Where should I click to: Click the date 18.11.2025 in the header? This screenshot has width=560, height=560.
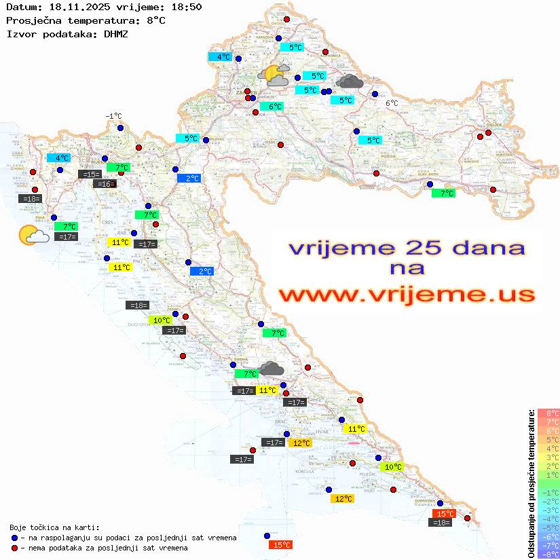pyautogui.click(x=75, y=7)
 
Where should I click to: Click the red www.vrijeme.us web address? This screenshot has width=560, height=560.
pyautogui.click(x=406, y=295)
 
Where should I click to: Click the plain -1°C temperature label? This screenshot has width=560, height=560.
pyautogui.click(x=113, y=116)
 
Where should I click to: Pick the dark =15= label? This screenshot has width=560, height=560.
pyautogui.click(x=90, y=174)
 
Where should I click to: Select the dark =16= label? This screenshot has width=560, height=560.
pyautogui.click(x=105, y=184)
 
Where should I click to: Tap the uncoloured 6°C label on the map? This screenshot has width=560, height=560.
pyautogui.click(x=392, y=103)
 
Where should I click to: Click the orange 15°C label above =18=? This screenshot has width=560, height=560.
pyautogui.click(x=444, y=514)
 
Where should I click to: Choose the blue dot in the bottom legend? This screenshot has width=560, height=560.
pyautogui.click(x=14, y=538)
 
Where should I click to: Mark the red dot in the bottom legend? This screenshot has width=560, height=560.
pyautogui.click(x=14, y=548)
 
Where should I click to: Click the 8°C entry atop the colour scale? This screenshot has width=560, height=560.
pyautogui.click(x=548, y=413)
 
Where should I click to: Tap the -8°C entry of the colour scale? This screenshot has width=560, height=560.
pyautogui.click(x=548, y=555)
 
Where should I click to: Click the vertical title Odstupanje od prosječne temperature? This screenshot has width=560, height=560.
pyautogui.click(x=531, y=483)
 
